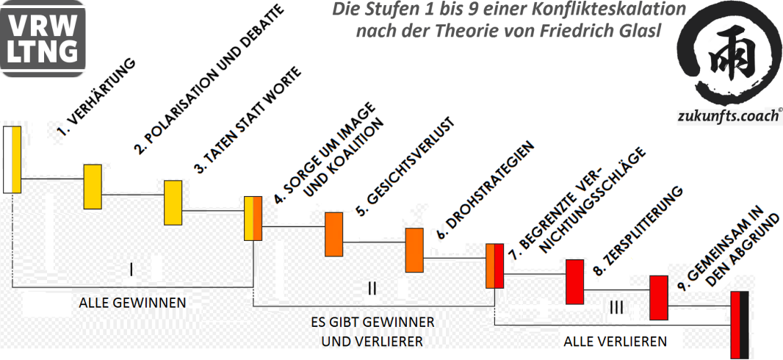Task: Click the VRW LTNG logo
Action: pos(43,38)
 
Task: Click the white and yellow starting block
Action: pos(12,159)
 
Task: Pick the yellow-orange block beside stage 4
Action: pos(253,218)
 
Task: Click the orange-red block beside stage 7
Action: pos(494,265)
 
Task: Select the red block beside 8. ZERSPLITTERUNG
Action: pos(574,281)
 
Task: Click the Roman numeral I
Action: pos(131,270)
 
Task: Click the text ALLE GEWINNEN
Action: pos(133,302)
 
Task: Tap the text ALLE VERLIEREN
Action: pos(616,341)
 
